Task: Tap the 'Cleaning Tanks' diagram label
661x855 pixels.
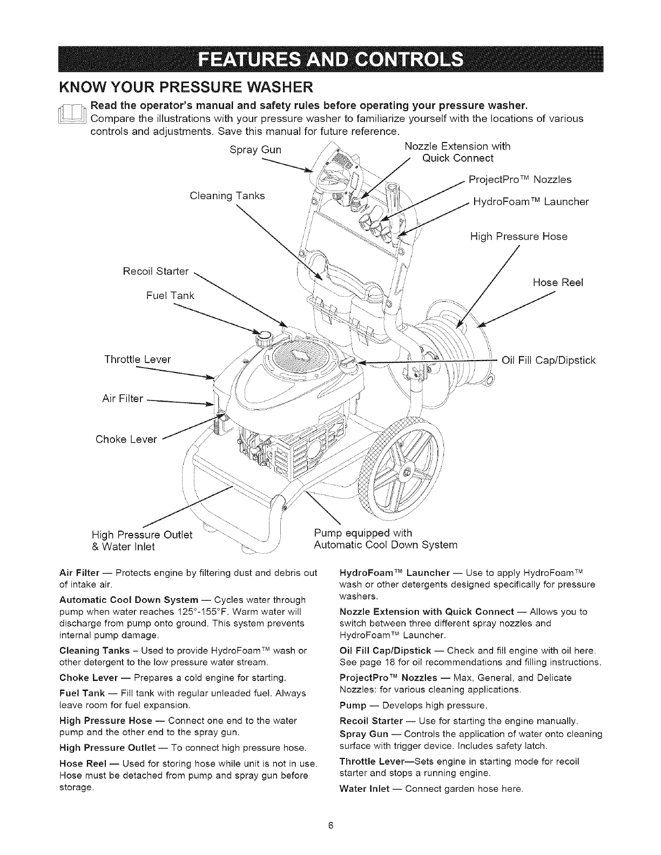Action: pos(227,195)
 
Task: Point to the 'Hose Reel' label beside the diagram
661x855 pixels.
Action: pos(558,282)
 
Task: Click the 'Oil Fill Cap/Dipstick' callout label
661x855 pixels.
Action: pos(549,359)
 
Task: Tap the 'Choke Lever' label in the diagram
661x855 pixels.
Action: pos(126,439)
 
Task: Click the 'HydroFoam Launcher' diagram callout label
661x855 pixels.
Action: pos(530,202)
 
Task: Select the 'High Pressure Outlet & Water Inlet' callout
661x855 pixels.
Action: pos(141,540)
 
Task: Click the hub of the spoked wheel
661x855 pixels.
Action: pos(407,474)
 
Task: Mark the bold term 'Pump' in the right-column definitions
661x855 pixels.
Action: pos(354,705)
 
